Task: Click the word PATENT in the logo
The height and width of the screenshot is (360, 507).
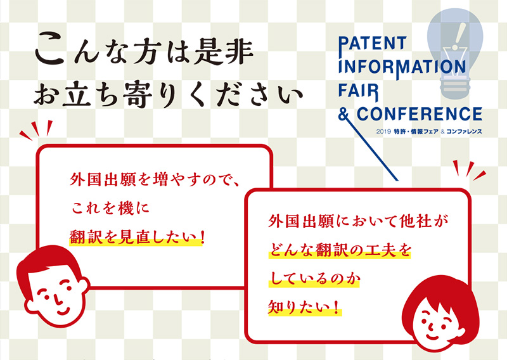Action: [x=372, y=44]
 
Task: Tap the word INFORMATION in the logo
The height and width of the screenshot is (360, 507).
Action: [x=402, y=67]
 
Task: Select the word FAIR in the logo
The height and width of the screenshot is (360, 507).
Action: [x=358, y=91]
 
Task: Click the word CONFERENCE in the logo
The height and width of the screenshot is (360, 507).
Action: [x=420, y=114]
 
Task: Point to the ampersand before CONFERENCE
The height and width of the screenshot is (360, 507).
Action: [x=343, y=114]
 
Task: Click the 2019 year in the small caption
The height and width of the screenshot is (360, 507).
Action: [x=383, y=132]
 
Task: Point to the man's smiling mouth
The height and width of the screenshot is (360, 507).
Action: [x=63, y=311]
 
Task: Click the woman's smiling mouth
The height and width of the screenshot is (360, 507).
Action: [x=432, y=337]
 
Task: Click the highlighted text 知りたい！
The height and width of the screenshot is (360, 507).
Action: [x=304, y=307]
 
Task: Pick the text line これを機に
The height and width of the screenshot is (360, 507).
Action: [x=110, y=209]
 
